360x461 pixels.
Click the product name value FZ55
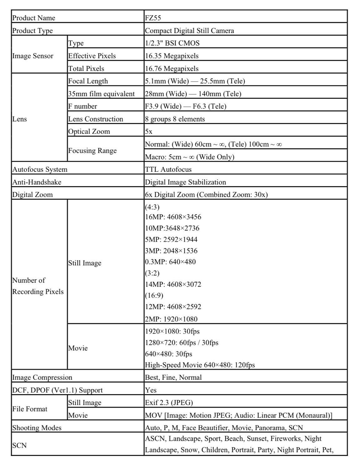pos(153,18)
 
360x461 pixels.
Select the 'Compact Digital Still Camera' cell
pos(189,31)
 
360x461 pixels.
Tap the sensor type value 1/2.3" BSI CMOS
pos(172,43)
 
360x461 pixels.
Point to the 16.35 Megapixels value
pos(172,56)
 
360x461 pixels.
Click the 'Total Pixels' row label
pos(86,68)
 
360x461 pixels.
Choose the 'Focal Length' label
pos(88,81)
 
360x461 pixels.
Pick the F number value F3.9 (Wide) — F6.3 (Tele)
pos(186,106)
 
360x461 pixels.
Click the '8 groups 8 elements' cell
pos(175,119)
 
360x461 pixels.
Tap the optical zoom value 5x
pos(149,131)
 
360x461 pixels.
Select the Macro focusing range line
pos(190,157)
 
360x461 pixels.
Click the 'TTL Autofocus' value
pos(168,170)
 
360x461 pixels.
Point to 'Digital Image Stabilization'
pos(185,182)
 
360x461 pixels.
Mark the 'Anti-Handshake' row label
pos(37,182)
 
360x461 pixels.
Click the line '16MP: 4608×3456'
pos(173,217)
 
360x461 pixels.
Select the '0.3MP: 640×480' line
pos(170,262)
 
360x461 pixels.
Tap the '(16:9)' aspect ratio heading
pos(154,295)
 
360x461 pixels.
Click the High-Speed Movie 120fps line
pos(200,365)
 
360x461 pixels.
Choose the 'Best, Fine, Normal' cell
pos(173,377)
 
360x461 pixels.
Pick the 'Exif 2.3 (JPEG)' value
pos(169,403)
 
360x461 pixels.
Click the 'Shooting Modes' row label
pos(37,428)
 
